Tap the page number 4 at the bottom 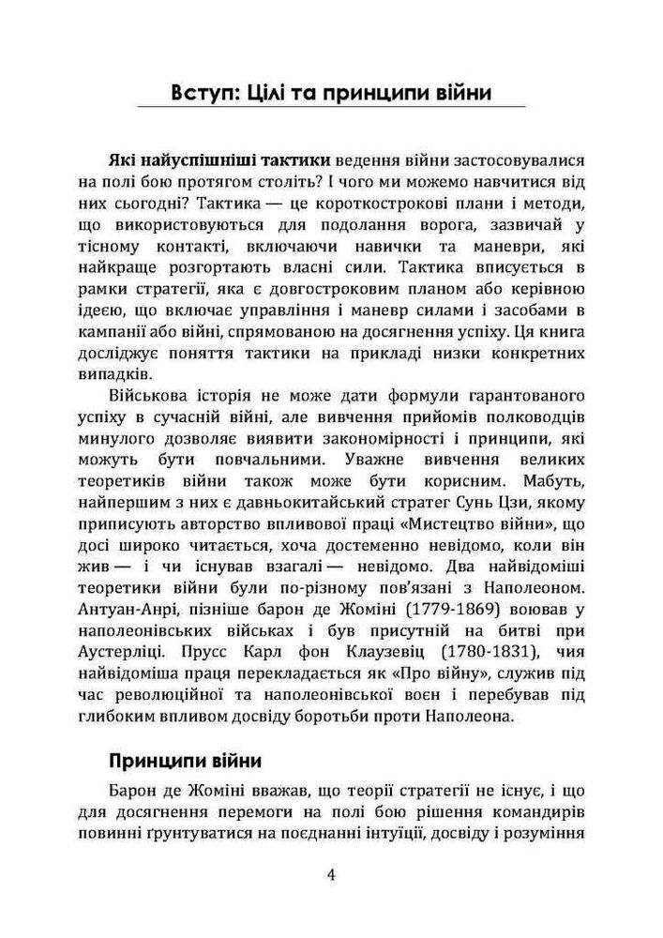(x=331, y=876)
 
